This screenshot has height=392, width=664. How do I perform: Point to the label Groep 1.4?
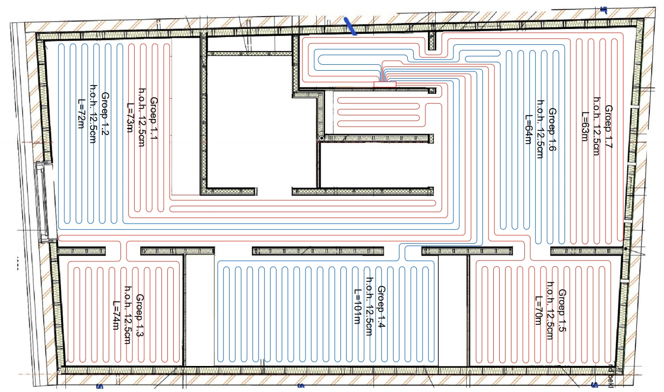click(x=381, y=307)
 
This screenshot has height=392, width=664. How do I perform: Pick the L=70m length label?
click(x=538, y=309)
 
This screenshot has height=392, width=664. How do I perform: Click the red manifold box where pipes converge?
click(x=385, y=84)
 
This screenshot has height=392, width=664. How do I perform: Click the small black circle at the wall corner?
click(x=321, y=139)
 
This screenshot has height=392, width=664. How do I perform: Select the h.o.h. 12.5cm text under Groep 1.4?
click(x=369, y=307)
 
